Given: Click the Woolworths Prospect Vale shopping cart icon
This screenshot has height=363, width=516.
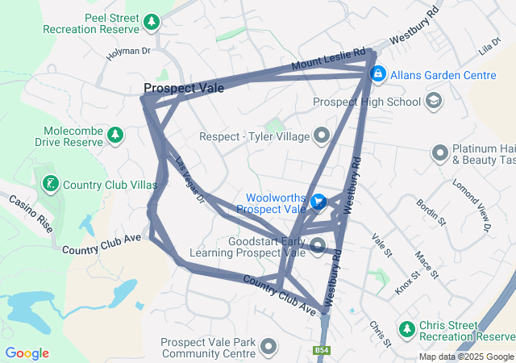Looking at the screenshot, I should coord(318,202).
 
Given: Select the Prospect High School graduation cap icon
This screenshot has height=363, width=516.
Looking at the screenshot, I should coord(435,101).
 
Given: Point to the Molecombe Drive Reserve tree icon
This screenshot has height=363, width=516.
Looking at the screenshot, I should coord(114,134).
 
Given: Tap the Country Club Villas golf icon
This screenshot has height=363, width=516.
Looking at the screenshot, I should coord(50,184).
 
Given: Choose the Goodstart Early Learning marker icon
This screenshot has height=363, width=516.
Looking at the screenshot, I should coord(318,246).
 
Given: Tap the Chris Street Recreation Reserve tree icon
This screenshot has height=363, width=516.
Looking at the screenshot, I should coord(406,329).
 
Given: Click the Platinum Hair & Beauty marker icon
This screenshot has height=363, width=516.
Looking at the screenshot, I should coord(440,152).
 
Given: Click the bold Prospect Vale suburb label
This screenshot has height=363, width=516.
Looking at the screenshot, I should coord(184,89).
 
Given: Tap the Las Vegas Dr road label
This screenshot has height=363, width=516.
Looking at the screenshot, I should coord(191,178).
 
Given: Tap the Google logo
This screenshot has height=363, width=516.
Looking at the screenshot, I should coord(27,353).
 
